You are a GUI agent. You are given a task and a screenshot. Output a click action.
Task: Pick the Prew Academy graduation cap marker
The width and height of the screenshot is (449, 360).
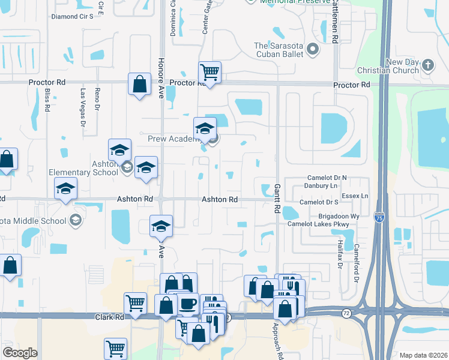coord(205,128)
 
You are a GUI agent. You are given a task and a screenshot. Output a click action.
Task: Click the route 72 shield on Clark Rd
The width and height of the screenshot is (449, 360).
coord(346,313)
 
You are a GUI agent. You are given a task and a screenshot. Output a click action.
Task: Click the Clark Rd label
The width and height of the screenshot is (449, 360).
coord(109,316)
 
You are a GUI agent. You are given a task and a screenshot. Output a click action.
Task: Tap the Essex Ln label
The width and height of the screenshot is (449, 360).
coord(355,196)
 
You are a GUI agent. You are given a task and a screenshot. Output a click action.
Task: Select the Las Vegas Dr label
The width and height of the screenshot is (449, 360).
coord(83,107)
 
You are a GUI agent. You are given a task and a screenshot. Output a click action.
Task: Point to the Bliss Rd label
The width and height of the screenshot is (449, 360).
coord(47,100)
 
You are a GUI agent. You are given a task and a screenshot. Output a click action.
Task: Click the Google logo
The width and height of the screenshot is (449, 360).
coord(20,353)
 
